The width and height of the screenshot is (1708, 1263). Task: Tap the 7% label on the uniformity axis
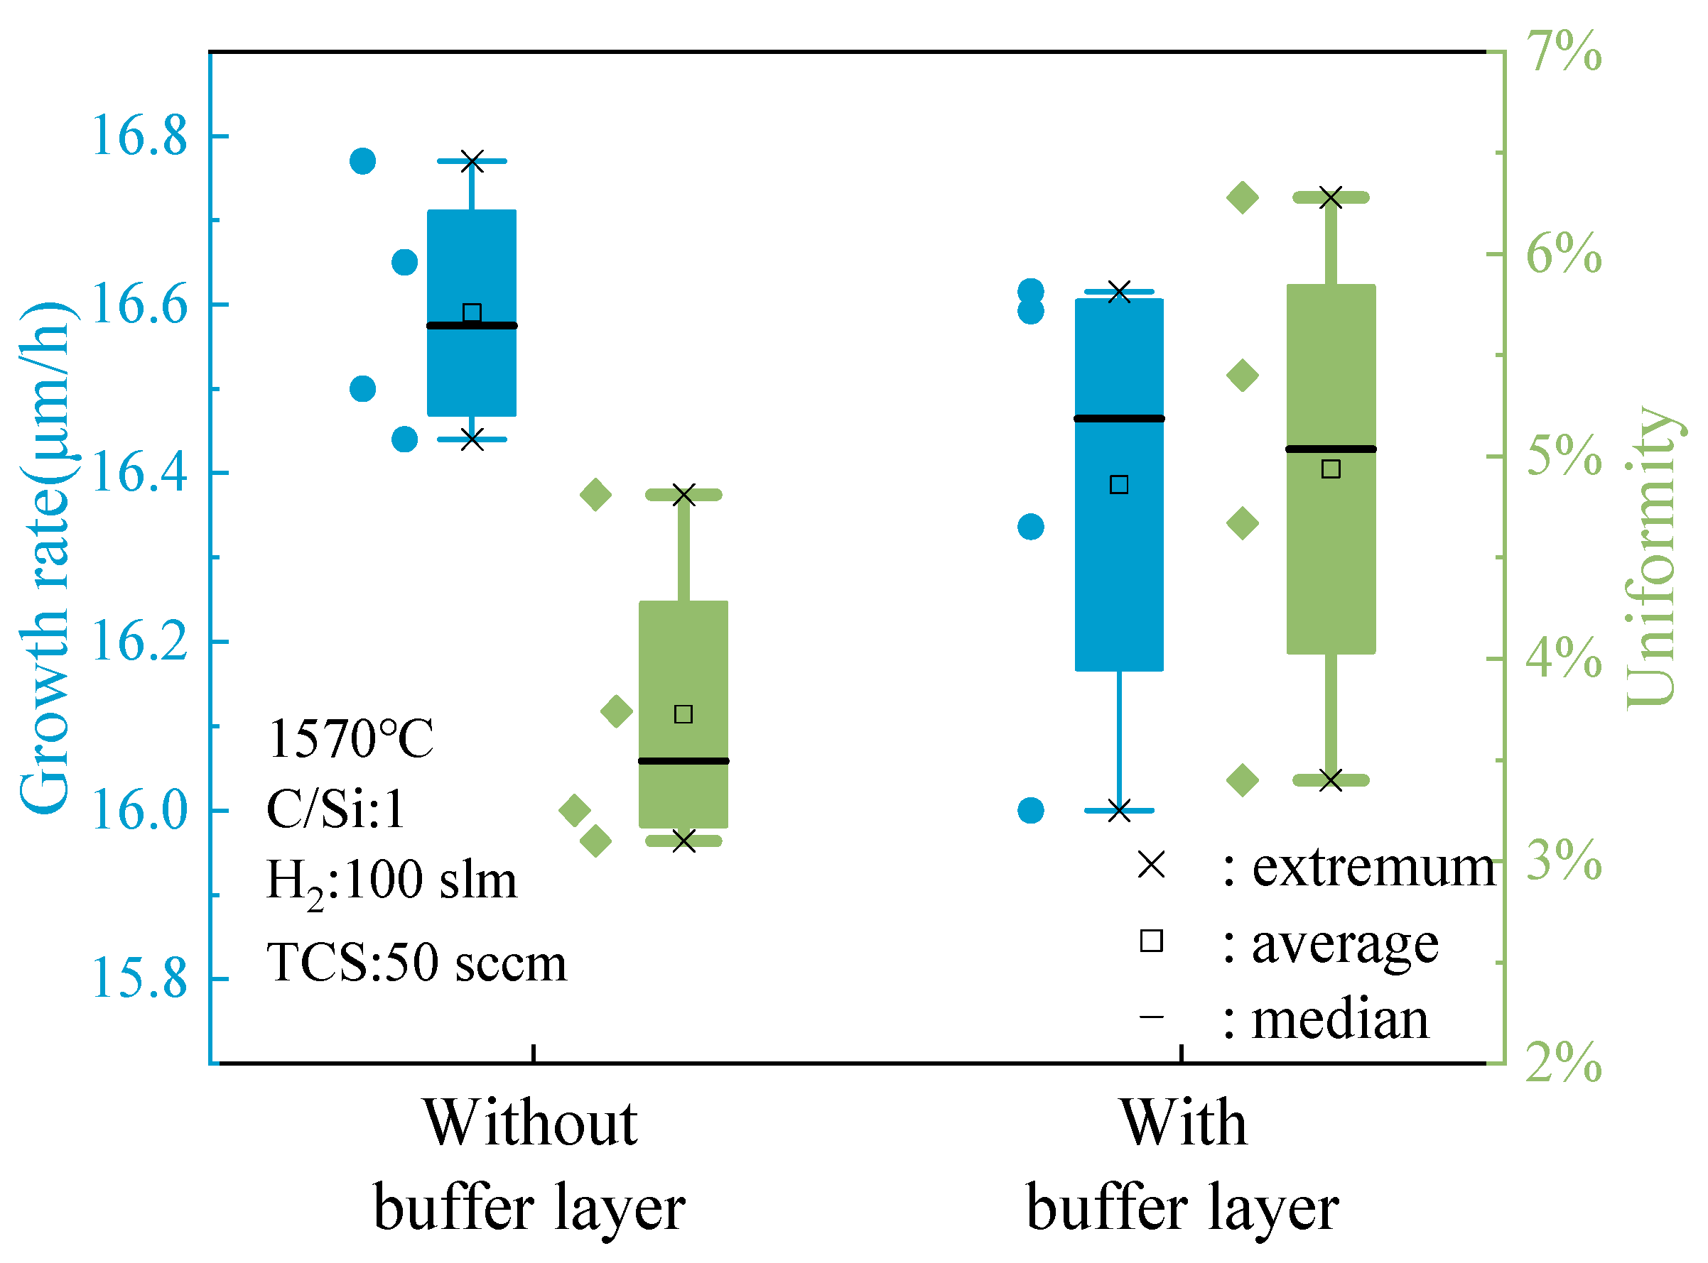click(x=1564, y=52)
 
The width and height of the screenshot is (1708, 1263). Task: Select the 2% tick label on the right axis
click(x=1564, y=1064)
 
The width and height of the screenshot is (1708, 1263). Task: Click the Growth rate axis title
click(x=46, y=558)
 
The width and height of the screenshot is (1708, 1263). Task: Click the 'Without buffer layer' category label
click(x=530, y=1166)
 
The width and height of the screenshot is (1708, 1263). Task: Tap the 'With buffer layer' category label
click(x=1182, y=1166)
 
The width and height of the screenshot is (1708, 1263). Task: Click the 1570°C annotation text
click(x=351, y=739)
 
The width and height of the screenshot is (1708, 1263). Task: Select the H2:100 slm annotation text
click(x=391, y=882)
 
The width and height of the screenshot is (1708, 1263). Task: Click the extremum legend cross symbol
click(x=1151, y=866)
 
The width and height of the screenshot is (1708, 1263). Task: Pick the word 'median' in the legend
click(x=1340, y=1020)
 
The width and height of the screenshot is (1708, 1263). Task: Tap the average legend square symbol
click(x=1151, y=941)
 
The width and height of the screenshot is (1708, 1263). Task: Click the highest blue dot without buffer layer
click(x=362, y=161)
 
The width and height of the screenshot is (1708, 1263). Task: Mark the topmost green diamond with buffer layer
click(x=1243, y=198)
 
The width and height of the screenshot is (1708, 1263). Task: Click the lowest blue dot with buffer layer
click(x=1031, y=810)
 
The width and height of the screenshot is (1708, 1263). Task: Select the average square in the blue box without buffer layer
click(x=472, y=312)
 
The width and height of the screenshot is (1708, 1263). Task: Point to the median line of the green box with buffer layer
click(x=1331, y=449)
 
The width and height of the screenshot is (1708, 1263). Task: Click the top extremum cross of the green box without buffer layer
click(x=683, y=496)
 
